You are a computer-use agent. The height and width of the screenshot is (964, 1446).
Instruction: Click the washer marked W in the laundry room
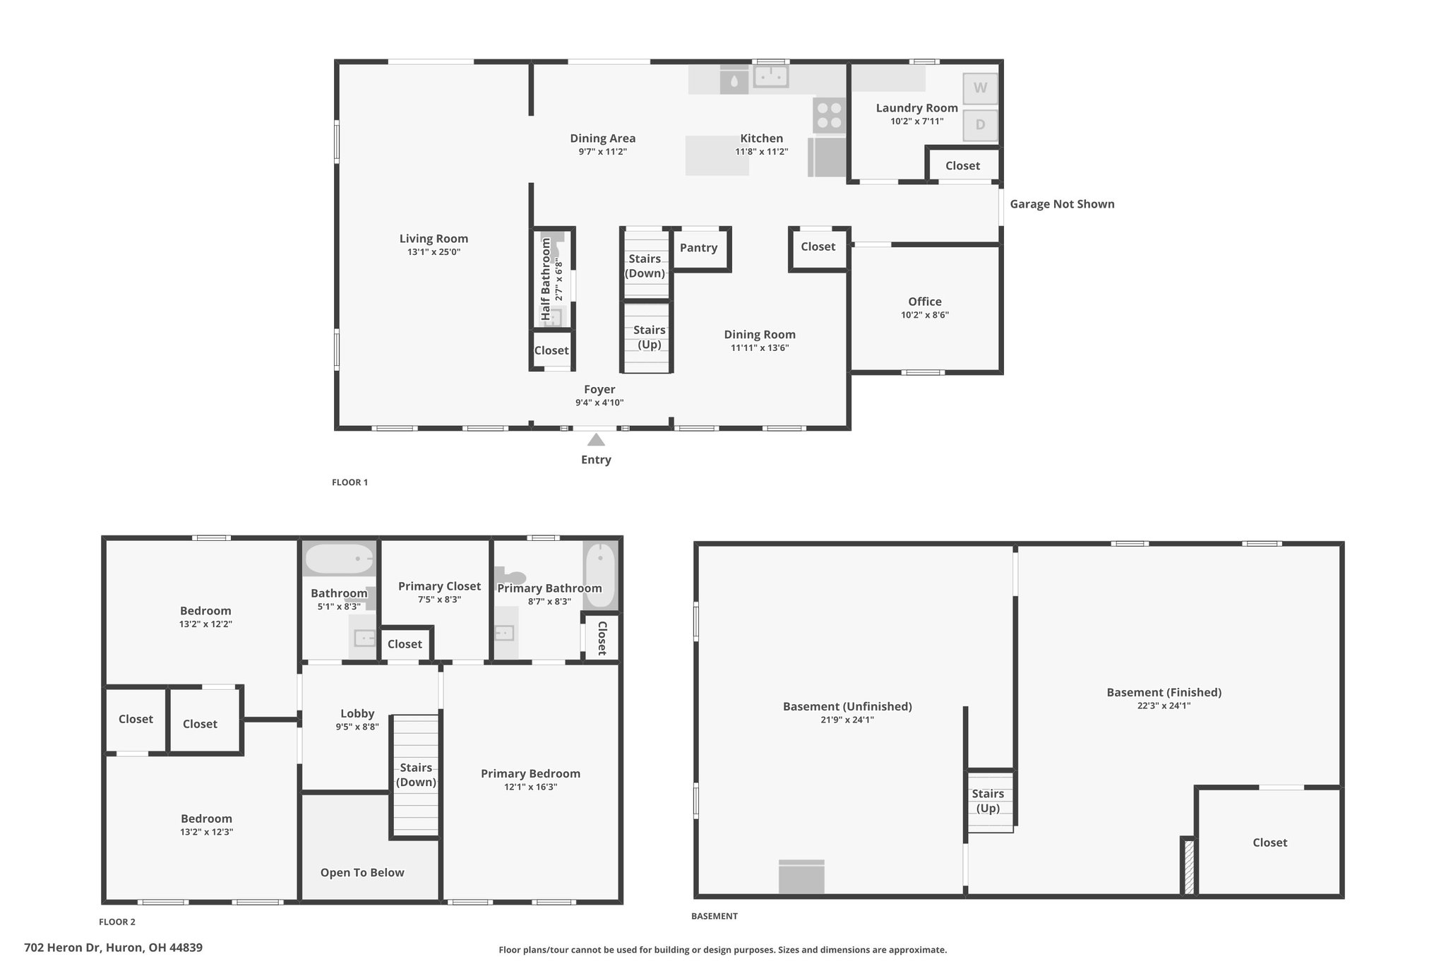(980, 88)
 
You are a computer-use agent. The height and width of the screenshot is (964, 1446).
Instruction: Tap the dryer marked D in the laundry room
(980, 125)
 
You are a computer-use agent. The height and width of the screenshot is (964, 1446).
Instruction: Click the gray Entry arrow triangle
(596, 439)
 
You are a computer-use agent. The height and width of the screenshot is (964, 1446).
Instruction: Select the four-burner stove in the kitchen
(830, 115)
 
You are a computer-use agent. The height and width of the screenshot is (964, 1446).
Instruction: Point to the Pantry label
(698, 248)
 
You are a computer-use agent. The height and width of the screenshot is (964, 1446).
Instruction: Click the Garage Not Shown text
(1062, 204)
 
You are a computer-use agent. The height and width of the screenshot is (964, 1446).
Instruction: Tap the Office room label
(925, 302)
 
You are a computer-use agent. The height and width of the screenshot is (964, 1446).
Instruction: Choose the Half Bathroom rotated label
(545, 280)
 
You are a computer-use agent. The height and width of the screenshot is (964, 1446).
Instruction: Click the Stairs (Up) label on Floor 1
(650, 337)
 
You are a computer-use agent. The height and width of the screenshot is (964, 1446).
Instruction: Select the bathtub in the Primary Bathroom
(600, 575)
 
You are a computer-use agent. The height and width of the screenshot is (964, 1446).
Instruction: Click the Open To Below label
(362, 873)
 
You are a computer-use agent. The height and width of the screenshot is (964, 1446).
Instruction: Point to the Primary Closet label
(439, 586)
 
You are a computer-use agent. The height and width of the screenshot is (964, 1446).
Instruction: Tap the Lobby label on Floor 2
(357, 713)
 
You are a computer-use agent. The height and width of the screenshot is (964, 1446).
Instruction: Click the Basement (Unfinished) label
(847, 706)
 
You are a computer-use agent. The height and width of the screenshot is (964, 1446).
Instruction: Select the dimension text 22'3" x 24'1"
(1164, 705)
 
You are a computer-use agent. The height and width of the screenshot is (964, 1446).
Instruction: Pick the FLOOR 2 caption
(117, 922)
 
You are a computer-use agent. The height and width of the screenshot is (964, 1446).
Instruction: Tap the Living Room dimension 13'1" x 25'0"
(434, 251)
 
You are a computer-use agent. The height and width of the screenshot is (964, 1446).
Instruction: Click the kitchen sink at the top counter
(770, 76)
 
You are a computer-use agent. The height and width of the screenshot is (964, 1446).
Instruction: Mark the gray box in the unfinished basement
(801, 876)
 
